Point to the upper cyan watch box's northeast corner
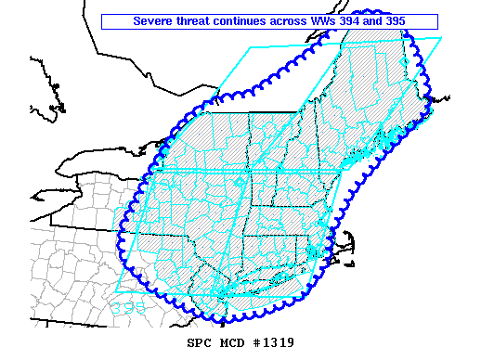(442, 38)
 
